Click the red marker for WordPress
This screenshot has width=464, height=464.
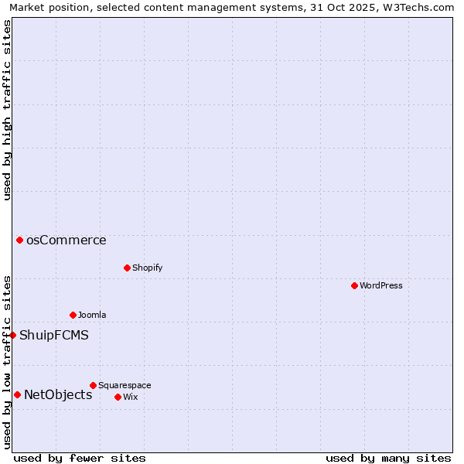(354, 285)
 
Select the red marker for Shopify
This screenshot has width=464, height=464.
(127, 268)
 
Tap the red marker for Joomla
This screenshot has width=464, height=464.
(73, 315)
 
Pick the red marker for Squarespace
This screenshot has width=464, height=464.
(93, 385)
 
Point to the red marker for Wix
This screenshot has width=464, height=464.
(118, 397)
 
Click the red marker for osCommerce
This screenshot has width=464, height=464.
(19, 240)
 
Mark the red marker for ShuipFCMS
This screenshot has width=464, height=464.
(13, 335)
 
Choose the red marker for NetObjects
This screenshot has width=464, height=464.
(17, 394)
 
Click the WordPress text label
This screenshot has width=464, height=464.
(380, 285)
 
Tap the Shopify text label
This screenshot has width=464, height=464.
(147, 268)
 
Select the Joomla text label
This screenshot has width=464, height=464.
(92, 315)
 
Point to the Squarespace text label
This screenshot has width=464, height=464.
(125, 385)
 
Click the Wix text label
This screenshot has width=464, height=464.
(130, 397)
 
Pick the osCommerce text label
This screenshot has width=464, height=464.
(67, 240)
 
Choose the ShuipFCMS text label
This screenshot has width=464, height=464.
(54, 335)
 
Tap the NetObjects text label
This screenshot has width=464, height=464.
(58, 394)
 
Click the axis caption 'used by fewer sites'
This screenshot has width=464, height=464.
(80, 458)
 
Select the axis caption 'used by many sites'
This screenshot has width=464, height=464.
(388, 458)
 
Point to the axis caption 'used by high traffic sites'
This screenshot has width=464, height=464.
(7, 110)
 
